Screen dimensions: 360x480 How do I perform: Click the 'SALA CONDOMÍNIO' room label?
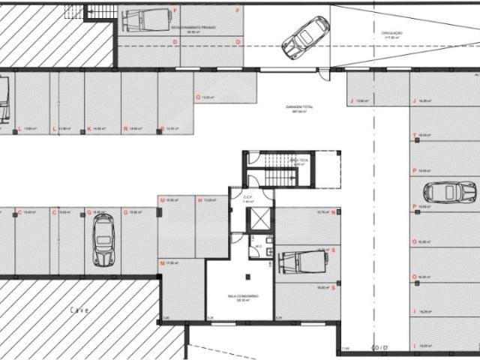pyautogui.click(x=244, y=298)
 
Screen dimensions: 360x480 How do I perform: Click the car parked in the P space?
pyautogui.click(x=449, y=192)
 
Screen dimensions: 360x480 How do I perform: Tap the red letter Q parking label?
pyautogui.click(x=198, y=97)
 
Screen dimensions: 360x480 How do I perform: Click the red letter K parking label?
pyautogui.click(x=89, y=128)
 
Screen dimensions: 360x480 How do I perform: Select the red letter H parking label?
pyautogui.click(x=199, y=200)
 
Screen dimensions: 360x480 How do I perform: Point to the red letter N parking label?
pyautogui.click(x=332, y=213)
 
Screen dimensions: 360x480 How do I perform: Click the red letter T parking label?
pyautogui.click(x=414, y=135)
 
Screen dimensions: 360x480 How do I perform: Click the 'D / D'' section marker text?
pyautogui.click(x=380, y=347)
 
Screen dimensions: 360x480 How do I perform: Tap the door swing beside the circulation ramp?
pyautogui.click(x=323, y=72)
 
